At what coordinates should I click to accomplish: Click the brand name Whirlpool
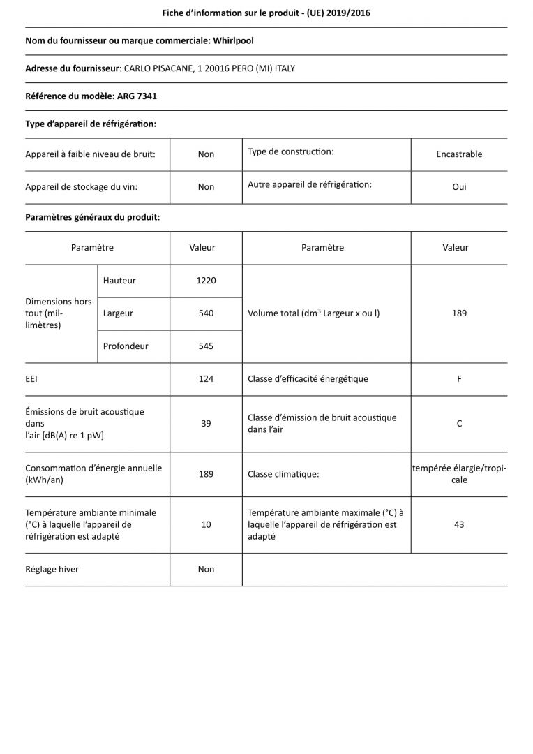click(x=233, y=41)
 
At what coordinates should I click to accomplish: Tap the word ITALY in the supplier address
click(x=281, y=68)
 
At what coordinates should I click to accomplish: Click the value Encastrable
click(x=459, y=154)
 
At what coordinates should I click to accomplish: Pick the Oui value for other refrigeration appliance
click(x=459, y=187)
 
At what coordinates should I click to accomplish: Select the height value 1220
click(x=206, y=281)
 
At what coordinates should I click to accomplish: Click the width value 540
click(x=206, y=313)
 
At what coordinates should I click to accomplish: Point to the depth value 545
click(x=206, y=346)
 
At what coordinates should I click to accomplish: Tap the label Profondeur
click(x=126, y=346)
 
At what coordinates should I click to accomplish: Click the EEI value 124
click(x=206, y=379)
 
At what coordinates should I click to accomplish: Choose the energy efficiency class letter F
click(x=459, y=379)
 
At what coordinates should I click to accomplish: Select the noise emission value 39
click(x=206, y=424)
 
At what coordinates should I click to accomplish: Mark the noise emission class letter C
click(x=459, y=424)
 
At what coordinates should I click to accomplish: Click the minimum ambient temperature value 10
click(x=206, y=524)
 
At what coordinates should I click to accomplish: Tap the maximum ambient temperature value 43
click(x=459, y=524)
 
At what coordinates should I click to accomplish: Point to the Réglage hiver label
click(x=52, y=570)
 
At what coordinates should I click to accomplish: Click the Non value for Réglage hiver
click(x=206, y=570)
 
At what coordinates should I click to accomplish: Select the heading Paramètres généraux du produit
click(x=93, y=218)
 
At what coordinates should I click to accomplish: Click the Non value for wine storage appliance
click(x=206, y=187)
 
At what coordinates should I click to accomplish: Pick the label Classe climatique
click(x=283, y=475)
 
